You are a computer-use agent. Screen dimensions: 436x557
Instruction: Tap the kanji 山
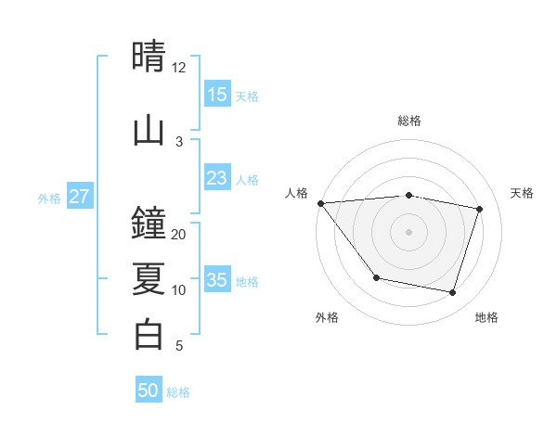(x=149, y=130)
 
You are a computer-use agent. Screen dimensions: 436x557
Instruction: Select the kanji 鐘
(x=149, y=224)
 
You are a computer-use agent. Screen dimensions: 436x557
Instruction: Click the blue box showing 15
(x=216, y=95)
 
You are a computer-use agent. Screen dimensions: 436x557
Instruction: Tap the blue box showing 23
(x=216, y=178)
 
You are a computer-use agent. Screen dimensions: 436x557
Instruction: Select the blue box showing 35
(x=216, y=280)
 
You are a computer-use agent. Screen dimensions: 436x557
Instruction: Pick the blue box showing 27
(x=80, y=197)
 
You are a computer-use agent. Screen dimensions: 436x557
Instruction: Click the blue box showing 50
(x=149, y=391)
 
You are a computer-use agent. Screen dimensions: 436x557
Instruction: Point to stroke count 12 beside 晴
(x=178, y=68)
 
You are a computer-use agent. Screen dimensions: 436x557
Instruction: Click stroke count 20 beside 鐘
(x=178, y=235)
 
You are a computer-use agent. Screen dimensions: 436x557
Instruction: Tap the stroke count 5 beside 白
(x=178, y=346)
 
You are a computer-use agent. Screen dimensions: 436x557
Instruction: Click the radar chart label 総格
(x=408, y=121)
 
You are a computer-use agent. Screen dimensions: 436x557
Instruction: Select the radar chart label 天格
(x=523, y=193)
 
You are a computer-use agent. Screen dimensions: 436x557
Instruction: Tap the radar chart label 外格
(x=327, y=317)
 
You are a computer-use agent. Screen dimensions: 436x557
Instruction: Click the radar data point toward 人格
(x=320, y=203)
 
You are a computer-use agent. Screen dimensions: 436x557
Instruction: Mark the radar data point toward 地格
(x=452, y=293)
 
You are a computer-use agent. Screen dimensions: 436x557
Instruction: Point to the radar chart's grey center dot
(x=408, y=232)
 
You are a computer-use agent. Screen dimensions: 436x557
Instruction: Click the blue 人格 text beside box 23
(x=247, y=179)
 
